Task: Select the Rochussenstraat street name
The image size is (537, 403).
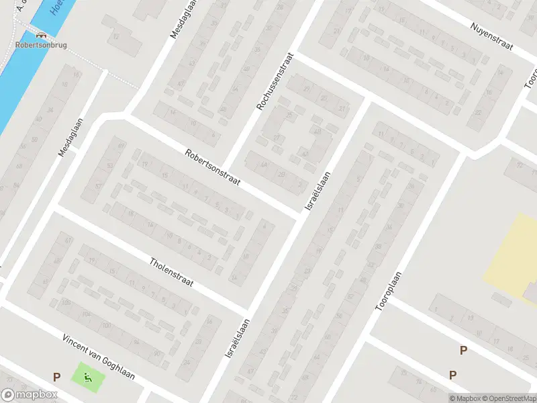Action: click(x=275, y=83)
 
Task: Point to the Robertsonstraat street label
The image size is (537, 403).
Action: click(x=213, y=168)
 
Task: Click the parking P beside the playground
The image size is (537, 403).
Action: click(x=57, y=377)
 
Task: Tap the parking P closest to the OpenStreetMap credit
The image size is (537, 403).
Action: click(x=453, y=375)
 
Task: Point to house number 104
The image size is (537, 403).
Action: click(x=85, y=314)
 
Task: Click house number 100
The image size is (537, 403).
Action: click(x=65, y=302)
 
